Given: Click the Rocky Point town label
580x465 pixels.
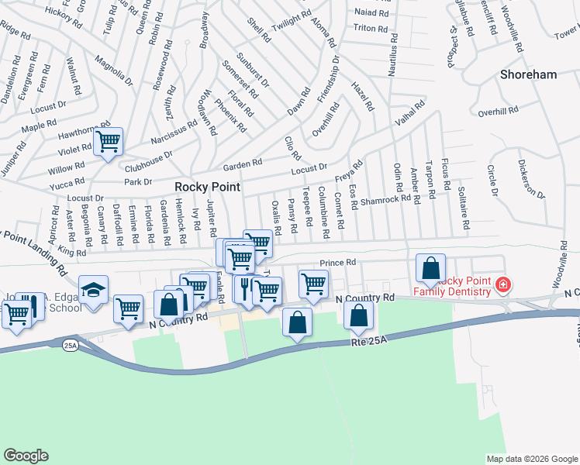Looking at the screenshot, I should (207, 187).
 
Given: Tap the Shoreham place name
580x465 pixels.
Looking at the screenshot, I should (529, 74).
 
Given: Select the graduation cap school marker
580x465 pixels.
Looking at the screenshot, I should (94, 293).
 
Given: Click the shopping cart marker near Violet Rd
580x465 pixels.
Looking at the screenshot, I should (109, 142).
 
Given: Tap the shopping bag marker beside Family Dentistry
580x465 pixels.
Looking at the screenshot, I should (431, 268).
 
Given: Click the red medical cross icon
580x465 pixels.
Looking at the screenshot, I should (502, 286).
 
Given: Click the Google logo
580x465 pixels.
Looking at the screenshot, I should (26, 455).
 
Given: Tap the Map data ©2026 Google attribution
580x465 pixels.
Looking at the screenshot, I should (532, 459).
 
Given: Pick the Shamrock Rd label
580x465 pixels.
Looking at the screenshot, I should (385, 199).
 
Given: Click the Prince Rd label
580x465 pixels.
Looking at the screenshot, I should (337, 263).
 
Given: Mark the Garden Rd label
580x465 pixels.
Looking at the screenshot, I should (243, 165).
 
